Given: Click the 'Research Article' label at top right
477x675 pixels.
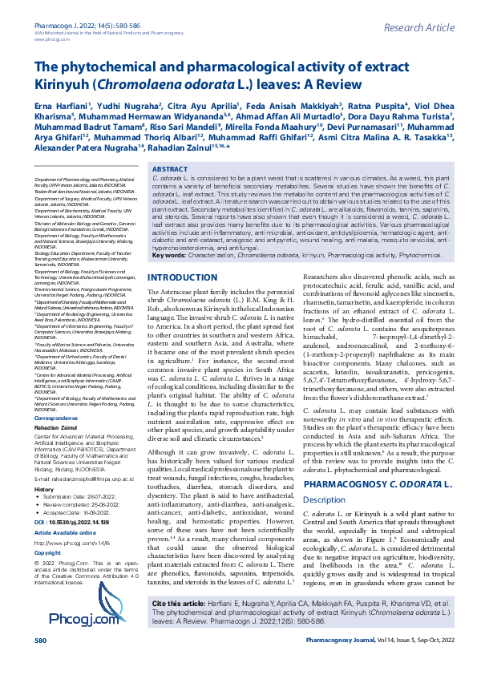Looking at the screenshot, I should tap(418, 28).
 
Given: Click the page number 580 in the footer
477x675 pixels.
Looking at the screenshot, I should tap(40, 664).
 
